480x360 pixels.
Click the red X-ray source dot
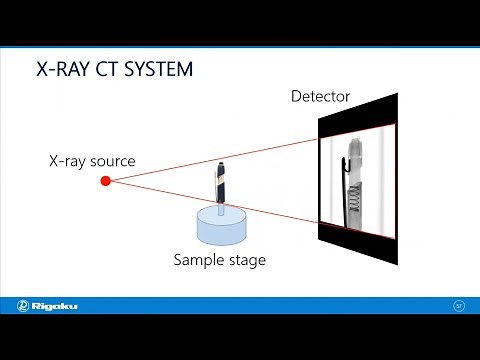pos(105,181)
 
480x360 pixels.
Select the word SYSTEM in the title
pos(153,71)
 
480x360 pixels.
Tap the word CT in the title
pos(111,71)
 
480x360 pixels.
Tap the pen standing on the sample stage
pos(220,186)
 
